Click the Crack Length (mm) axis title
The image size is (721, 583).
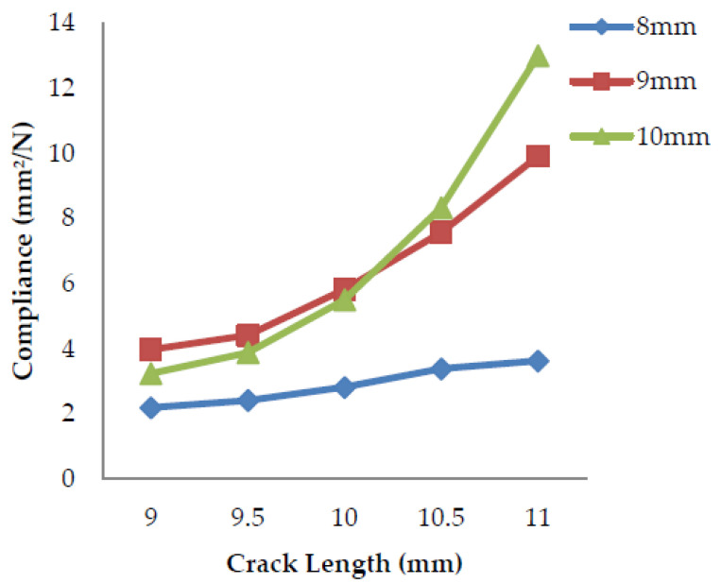(x=344, y=564)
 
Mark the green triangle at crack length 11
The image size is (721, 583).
(x=538, y=56)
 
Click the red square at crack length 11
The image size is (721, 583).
(x=538, y=156)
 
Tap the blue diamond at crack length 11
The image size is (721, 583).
(x=538, y=361)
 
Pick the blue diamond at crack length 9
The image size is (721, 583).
(x=150, y=407)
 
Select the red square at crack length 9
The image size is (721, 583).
(x=150, y=350)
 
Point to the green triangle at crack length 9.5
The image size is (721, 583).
(x=248, y=352)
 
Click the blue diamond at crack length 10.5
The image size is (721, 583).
(x=440, y=369)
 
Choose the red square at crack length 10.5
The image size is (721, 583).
(x=440, y=231)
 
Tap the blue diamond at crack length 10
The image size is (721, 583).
(x=344, y=386)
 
